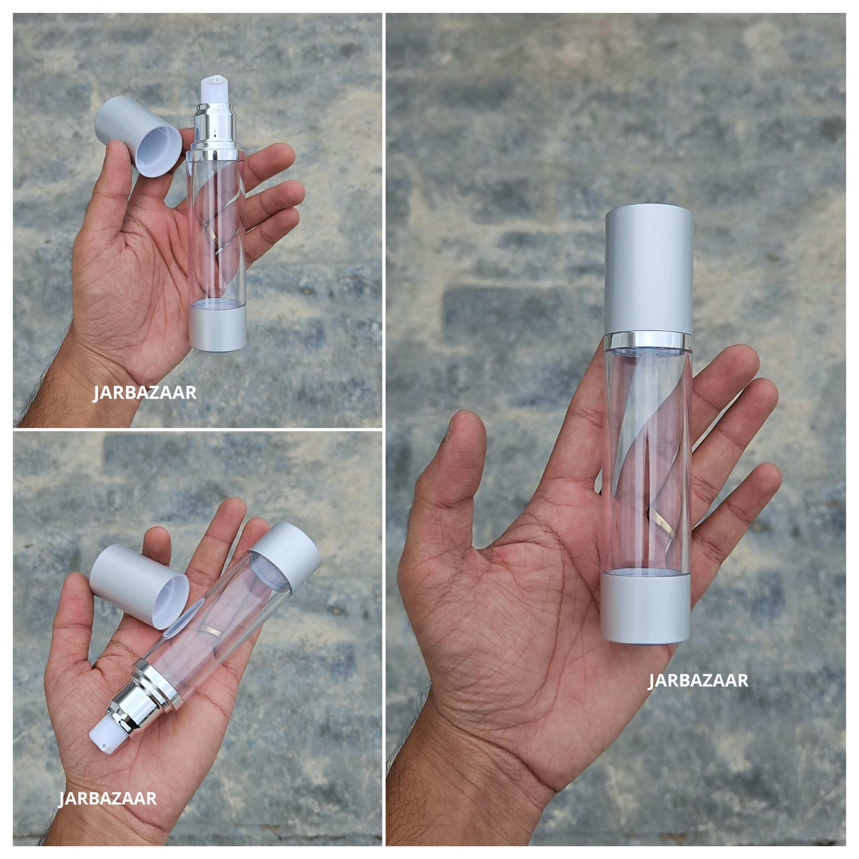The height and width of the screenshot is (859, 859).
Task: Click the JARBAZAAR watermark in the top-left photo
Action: [x=145, y=393]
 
